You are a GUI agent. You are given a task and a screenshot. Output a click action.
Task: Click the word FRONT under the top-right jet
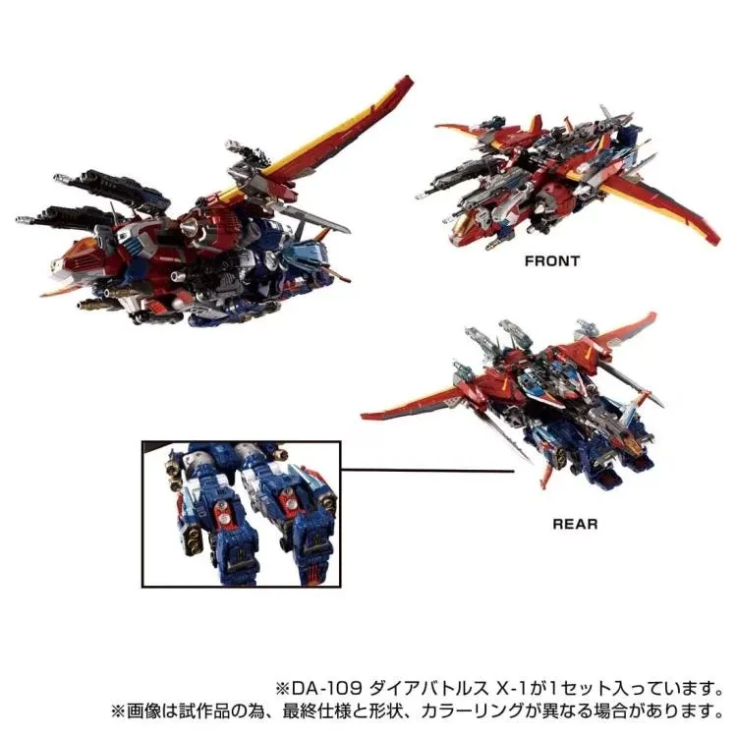click(x=552, y=260)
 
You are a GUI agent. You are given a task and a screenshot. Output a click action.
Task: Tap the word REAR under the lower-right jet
click(x=575, y=524)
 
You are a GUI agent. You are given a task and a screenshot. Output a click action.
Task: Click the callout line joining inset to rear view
click(x=426, y=470)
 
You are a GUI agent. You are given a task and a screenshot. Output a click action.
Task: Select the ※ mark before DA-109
click(x=283, y=689)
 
